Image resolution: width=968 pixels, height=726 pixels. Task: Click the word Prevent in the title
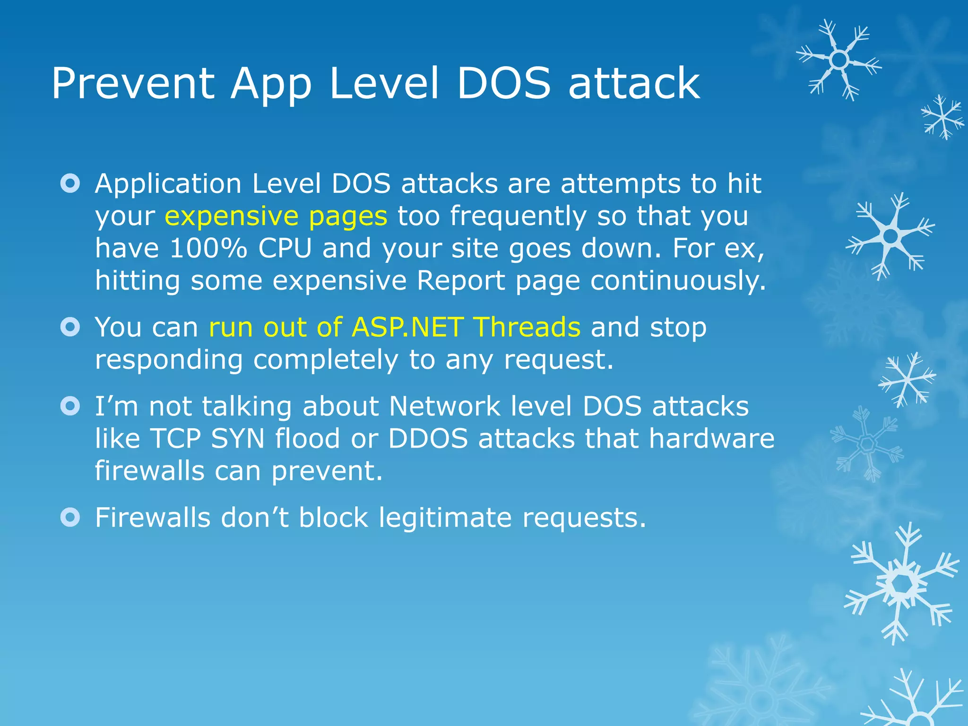point(133,84)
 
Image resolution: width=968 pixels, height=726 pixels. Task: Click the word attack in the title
point(634,84)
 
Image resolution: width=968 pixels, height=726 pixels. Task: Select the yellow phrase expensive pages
point(276,216)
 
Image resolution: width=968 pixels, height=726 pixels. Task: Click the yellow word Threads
point(527,327)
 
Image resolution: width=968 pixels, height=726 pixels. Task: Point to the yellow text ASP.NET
point(407,327)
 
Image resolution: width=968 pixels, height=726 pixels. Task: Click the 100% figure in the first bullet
point(208,248)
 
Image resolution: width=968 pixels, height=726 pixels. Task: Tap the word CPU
point(285,248)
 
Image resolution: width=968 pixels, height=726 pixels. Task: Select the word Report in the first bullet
point(460,281)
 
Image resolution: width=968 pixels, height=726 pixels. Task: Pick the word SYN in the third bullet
point(238,438)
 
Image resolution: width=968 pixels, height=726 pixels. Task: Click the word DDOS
point(428,438)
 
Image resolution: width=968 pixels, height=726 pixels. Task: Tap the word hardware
point(711,438)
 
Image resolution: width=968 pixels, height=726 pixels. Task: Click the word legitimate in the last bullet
point(445,518)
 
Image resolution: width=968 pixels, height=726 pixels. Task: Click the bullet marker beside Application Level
point(70,183)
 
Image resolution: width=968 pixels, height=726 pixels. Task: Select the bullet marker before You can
point(70,327)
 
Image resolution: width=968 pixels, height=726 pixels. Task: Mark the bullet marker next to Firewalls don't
point(70,518)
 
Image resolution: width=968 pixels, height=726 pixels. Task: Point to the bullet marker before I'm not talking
point(70,406)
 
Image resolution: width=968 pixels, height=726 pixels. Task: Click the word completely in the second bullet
point(326,360)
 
